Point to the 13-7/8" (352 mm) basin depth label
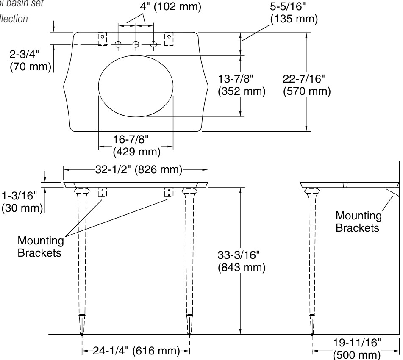241,85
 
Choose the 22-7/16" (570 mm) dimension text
307,85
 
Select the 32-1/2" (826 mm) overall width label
136,170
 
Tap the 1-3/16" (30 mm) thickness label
22,202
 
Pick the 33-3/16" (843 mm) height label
241,261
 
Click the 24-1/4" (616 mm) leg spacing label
135,351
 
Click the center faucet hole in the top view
136,44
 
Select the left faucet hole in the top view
118,44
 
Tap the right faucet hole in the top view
154,44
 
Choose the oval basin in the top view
136,86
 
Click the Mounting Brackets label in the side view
357,222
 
